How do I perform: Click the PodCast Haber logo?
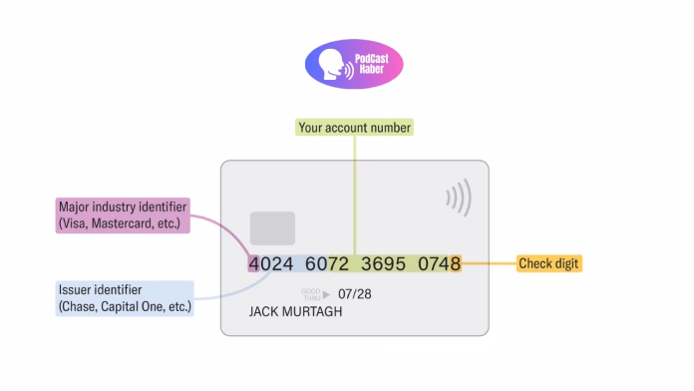click(x=354, y=64)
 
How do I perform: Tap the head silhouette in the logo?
click(x=331, y=64)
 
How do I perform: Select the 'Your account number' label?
click(x=354, y=128)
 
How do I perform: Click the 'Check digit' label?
click(x=548, y=263)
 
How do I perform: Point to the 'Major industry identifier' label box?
click(x=123, y=215)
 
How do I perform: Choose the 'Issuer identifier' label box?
click(x=125, y=298)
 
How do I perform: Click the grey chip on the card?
click(x=272, y=228)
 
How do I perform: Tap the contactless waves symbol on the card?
click(x=459, y=197)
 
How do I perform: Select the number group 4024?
click(x=271, y=264)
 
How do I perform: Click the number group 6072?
click(x=327, y=264)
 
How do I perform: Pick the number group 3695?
click(x=383, y=264)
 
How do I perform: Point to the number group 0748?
click(x=440, y=264)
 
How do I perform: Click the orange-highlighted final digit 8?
click(x=456, y=264)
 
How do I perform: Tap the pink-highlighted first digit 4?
click(x=253, y=264)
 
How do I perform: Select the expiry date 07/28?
click(x=355, y=294)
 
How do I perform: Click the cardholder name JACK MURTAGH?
click(x=295, y=312)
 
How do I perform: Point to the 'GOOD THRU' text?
click(x=311, y=294)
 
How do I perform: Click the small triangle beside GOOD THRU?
click(x=326, y=294)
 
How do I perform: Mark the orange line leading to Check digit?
click(x=489, y=263)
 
